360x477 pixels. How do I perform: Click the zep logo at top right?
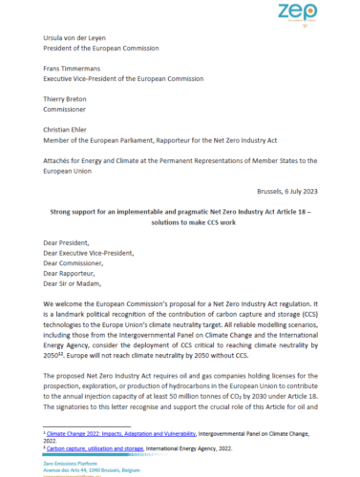(x=323, y=13)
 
